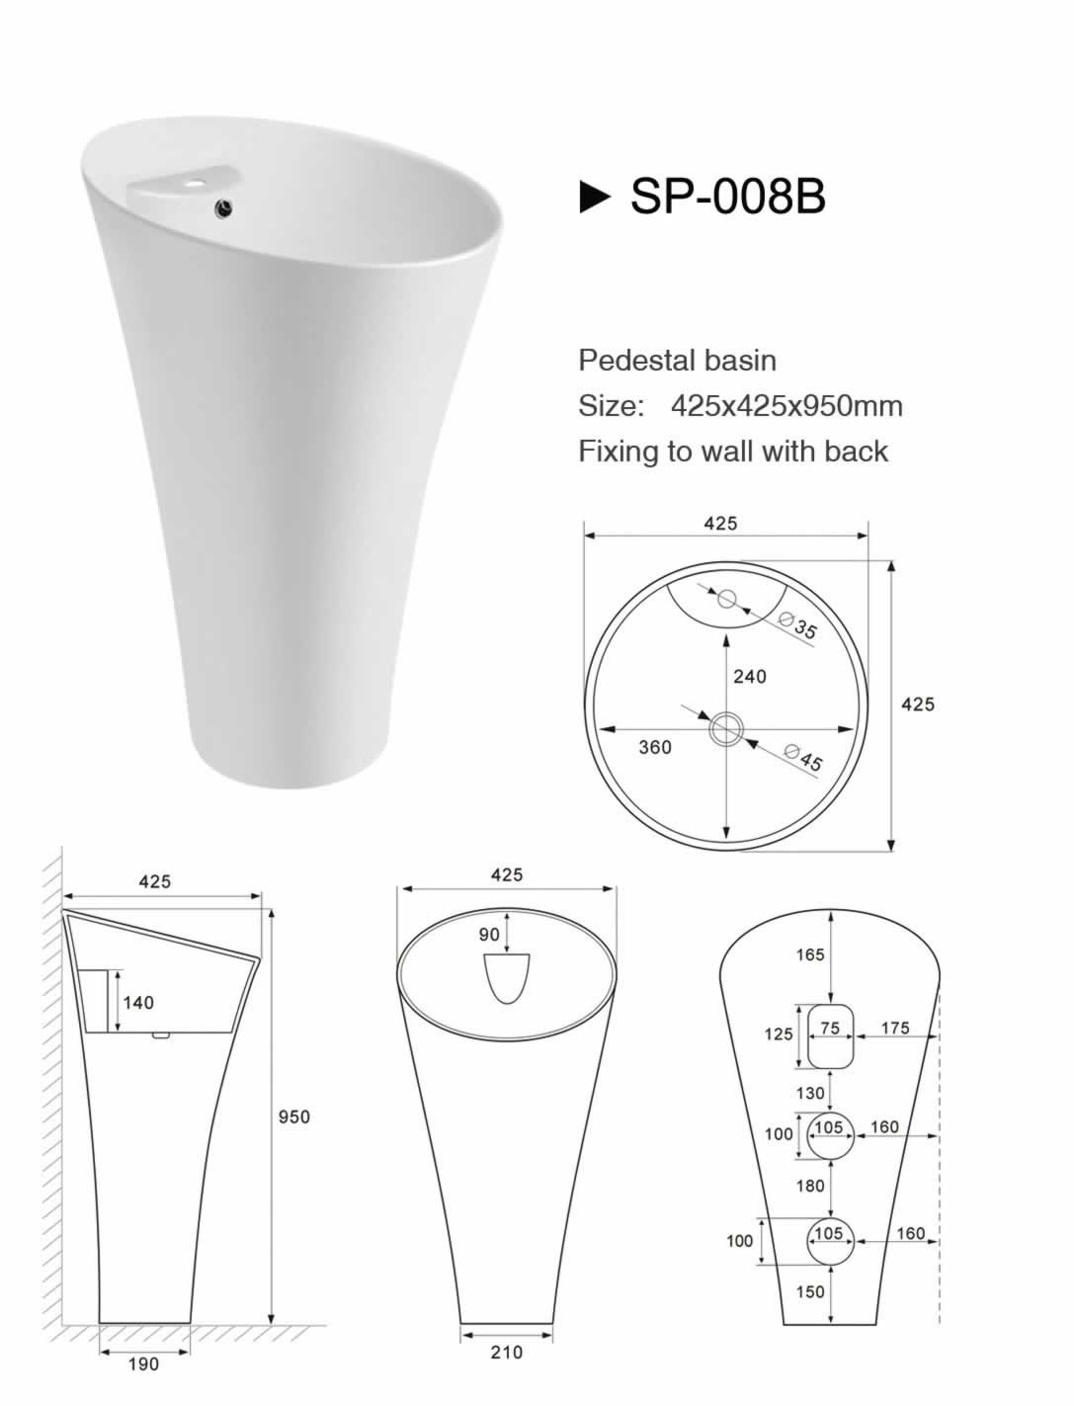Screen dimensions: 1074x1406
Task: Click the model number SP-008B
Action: click(x=727, y=196)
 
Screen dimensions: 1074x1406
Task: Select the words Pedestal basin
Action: click(x=677, y=361)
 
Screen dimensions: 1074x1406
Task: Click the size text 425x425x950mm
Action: click(x=786, y=406)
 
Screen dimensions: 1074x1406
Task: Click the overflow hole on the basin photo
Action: click(x=224, y=207)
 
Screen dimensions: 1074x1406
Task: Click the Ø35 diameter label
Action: click(x=798, y=624)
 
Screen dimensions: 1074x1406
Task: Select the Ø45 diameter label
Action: click(x=803, y=758)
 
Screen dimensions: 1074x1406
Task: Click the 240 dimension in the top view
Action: click(x=749, y=677)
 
